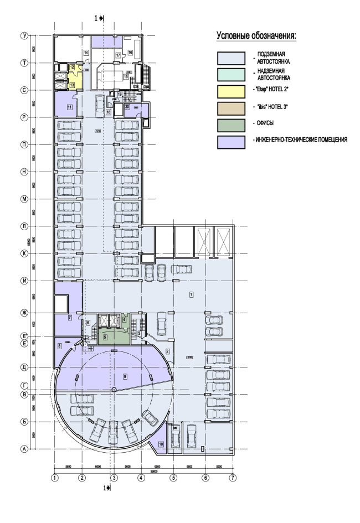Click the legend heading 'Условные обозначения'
click(256, 36)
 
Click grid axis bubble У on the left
click(24, 35)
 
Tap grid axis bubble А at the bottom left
click(24, 449)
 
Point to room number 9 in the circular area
click(125, 376)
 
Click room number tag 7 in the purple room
click(70, 317)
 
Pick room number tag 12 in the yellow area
click(71, 67)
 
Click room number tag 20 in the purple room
click(127, 106)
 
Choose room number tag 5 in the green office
click(106, 336)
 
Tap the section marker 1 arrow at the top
click(101, 18)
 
